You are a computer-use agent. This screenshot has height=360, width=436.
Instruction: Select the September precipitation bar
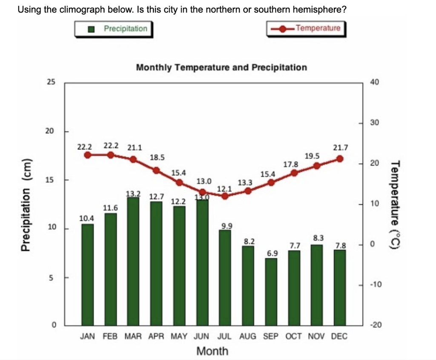[272, 291]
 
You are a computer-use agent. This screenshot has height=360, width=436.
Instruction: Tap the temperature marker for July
[225, 196]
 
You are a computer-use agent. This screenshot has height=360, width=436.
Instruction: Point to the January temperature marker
[88, 155]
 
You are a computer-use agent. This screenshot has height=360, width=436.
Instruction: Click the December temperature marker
[339, 158]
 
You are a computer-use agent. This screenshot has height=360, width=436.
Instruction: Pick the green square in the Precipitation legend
[91, 29]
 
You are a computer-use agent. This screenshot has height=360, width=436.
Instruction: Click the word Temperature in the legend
[318, 28]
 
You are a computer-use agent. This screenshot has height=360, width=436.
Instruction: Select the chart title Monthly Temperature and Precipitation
[221, 67]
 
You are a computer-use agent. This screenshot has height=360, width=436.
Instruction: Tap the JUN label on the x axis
[201, 337]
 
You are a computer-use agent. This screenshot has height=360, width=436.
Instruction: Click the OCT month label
[294, 337]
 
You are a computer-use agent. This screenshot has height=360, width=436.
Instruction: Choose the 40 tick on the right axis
[374, 82]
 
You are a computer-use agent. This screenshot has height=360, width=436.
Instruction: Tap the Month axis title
[212, 351]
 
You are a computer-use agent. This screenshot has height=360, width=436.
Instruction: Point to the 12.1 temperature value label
[224, 188]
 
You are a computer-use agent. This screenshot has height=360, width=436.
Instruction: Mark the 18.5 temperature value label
[157, 157]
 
